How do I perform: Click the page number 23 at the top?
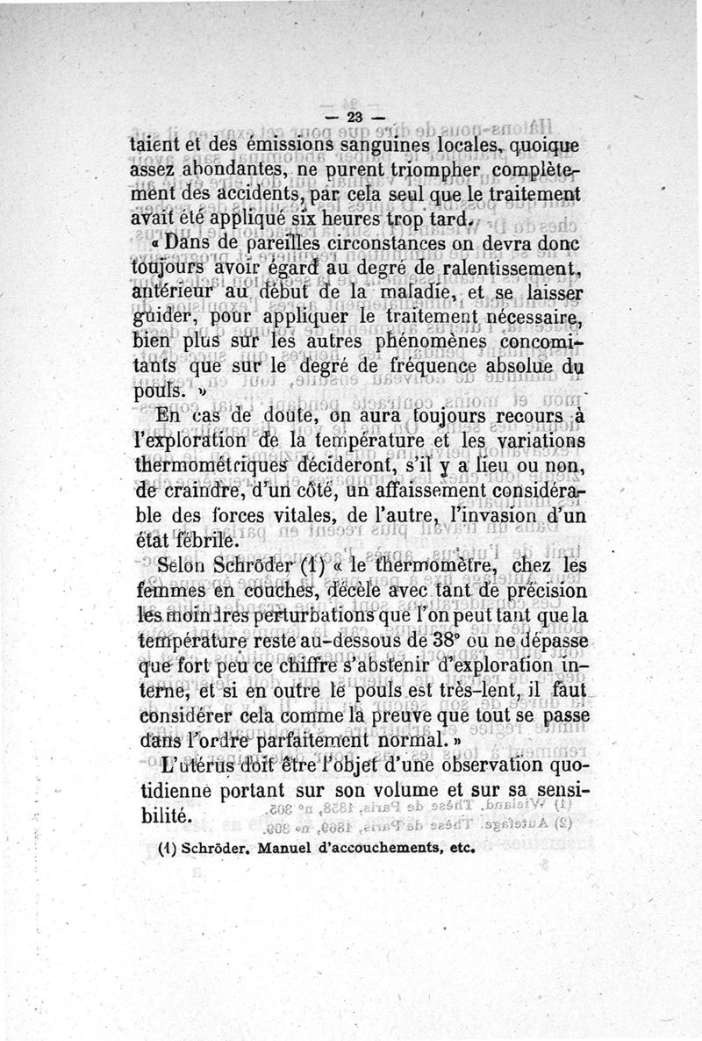(355, 118)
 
